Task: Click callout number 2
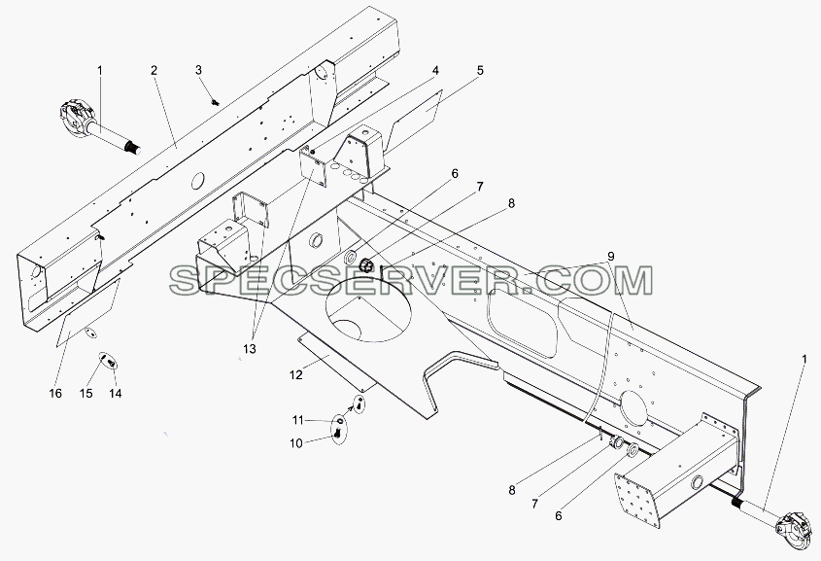[154, 70]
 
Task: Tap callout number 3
[198, 70]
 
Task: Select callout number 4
[435, 71]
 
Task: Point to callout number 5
[480, 71]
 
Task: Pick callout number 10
[295, 443]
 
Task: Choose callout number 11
[297, 420]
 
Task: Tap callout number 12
[295, 375]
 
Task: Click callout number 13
[250, 349]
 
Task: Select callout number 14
[116, 394]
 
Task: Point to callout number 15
[86, 394]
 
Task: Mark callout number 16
[55, 394]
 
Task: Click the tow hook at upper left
[79, 118]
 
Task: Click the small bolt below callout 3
[214, 102]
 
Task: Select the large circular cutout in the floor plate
[368, 309]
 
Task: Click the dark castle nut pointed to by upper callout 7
[366, 265]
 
